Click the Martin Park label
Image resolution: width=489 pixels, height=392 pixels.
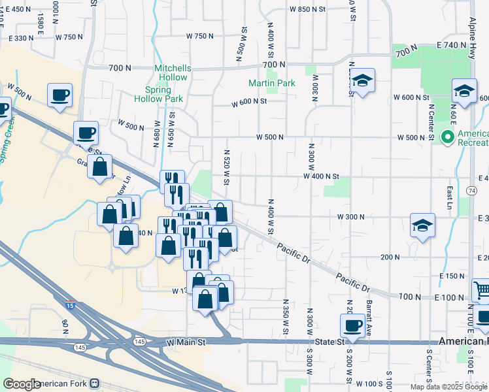point(271,83)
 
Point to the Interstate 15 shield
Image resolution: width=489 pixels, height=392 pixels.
point(70,305)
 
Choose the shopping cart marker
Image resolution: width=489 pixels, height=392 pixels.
point(481,289)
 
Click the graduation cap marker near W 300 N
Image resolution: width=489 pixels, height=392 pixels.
point(422,226)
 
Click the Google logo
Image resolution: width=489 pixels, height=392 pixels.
point(22,384)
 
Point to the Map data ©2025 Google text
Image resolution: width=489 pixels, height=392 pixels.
point(449,387)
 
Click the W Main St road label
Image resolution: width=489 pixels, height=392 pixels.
point(186,342)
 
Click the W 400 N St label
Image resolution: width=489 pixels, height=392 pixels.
point(321,176)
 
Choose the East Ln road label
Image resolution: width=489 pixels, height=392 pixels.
point(450,193)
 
